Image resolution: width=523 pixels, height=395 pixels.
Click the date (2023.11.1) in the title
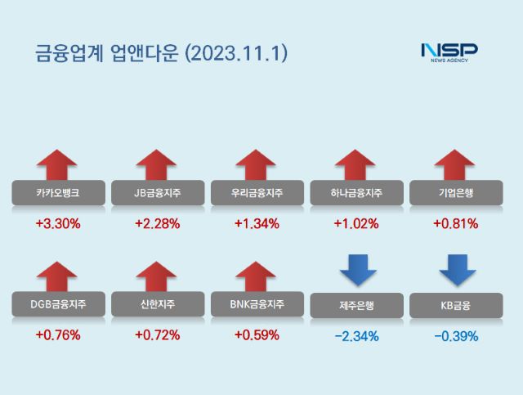pos(237,54)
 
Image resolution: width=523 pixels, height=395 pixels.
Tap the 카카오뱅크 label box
pos(58,193)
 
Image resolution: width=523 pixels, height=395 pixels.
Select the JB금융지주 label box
pos(157,193)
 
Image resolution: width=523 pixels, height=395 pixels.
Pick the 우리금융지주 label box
pos(257,193)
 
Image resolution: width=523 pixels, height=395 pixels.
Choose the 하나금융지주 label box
pos(356,193)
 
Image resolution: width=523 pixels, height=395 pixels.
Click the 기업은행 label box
pos(455,193)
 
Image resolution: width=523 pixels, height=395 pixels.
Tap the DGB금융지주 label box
pos(58,305)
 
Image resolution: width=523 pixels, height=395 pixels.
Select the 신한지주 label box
pos(157,305)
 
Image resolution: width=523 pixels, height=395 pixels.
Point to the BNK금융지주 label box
pos(257,305)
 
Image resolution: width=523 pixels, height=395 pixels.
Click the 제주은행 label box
pos(356,306)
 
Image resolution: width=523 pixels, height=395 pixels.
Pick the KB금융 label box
pos(455,306)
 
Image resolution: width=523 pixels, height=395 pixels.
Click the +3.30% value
pos(58,222)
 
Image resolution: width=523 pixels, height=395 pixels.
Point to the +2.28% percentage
pos(157,222)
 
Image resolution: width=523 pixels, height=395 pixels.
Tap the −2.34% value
pos(356,335)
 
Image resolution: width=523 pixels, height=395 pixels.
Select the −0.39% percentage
pos(455,335)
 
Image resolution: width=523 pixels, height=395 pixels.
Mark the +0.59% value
pos(257,334)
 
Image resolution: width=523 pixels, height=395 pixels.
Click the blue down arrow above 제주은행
pos(356,271)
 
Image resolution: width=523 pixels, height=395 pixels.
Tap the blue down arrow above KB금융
pos(455,271)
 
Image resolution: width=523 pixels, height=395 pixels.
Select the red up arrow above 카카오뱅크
pos(58,164)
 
